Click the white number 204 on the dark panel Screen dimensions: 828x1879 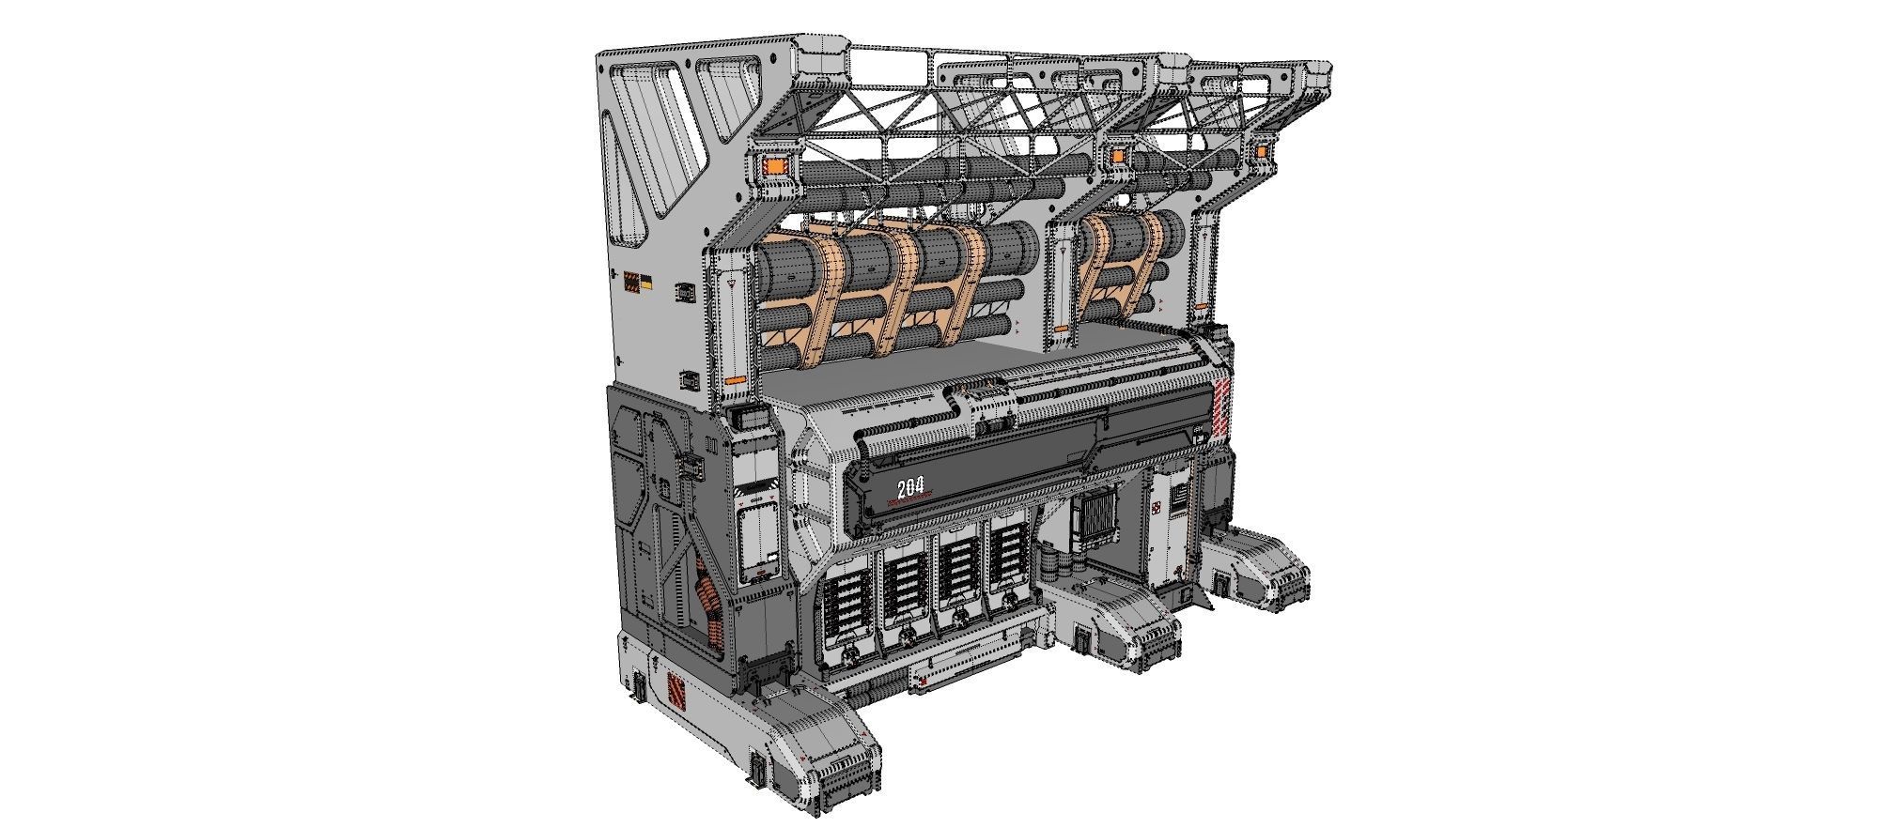pyautogui.click(x=910, y=487)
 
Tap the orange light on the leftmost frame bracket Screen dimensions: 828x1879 pyautogui.click(x=776, y=167)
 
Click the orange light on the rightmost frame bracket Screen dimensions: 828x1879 pyautogui.click(x=1260, y=151)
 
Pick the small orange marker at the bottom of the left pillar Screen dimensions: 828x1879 pyautogui.click(x=735, y=382)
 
